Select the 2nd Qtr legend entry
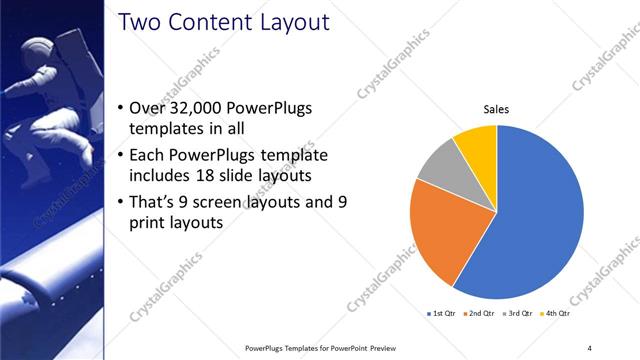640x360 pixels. pos(481,315)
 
